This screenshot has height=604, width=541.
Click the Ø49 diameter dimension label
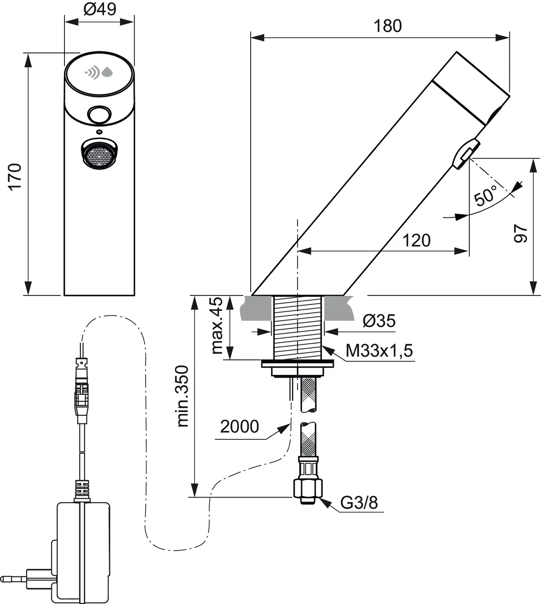click(100, 9)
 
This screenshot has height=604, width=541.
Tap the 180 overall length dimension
click(387, 26)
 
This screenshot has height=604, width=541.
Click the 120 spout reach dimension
click(416, 240)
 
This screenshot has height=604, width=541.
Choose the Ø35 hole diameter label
click(379, 321)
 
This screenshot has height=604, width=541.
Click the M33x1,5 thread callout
click(379, 350)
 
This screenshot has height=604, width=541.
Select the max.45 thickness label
click(217, 326)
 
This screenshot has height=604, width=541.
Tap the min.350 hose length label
click(183, 396)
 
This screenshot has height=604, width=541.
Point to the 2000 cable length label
click(239, 426)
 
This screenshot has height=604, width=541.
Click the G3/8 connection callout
click(359, 503)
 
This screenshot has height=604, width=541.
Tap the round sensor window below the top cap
click(99, 115)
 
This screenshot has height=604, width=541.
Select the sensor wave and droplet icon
click(99, 72)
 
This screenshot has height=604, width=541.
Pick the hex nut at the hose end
click(308, 487)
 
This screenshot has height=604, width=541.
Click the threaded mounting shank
click(298, 327)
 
